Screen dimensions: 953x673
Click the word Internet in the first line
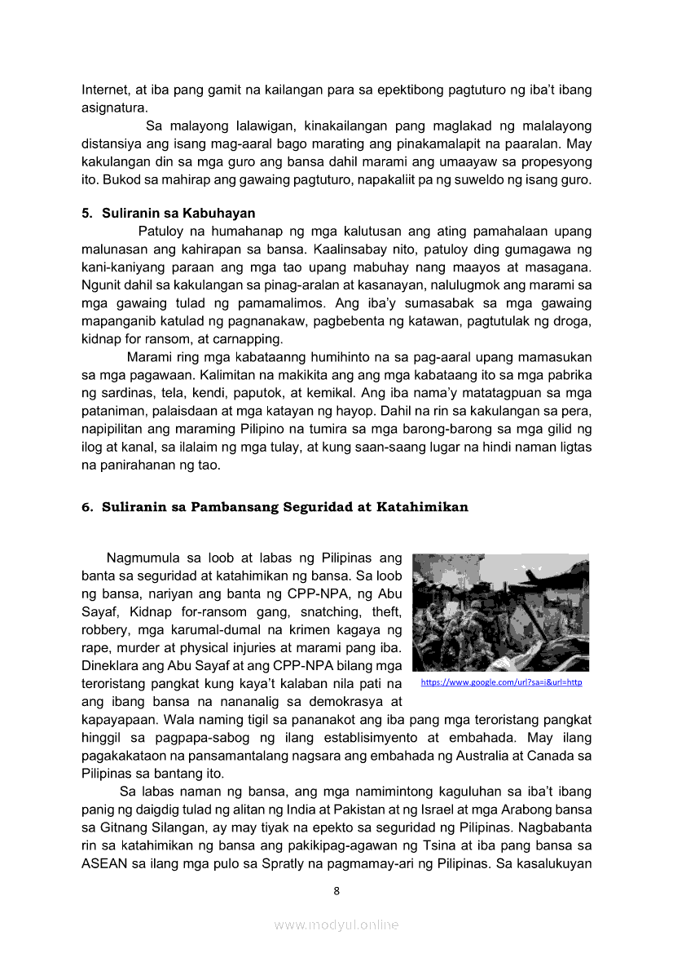[103, 90]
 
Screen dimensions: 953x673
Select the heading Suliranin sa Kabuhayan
[178, 214]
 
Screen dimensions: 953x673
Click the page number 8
[336, 890]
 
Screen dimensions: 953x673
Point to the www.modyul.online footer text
[336, 924]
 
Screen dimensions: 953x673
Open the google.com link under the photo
[501, 682]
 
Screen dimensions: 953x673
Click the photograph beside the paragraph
[500, 612]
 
